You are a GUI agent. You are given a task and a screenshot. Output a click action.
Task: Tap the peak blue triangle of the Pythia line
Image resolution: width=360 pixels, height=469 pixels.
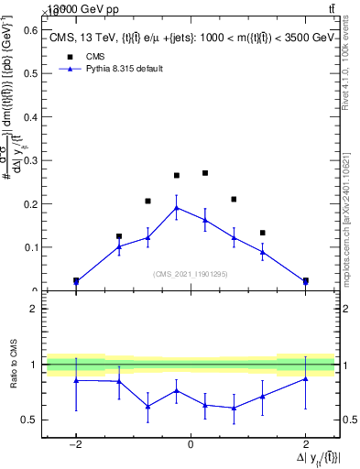[x=177, y=207]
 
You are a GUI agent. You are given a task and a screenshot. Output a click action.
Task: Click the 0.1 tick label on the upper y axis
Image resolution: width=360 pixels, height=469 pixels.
[x=32, y=247]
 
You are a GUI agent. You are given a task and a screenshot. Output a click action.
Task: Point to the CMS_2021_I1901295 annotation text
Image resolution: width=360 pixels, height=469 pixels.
[x=190, y=274]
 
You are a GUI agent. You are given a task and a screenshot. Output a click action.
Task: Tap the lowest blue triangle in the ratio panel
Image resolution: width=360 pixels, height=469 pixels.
[x=235, y=408]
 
